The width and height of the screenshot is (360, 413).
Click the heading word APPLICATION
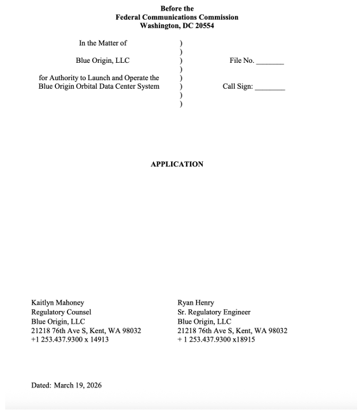[x=177, y=164]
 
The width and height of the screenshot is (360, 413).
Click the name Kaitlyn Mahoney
[x=58, y=302]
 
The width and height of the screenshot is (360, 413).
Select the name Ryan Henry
[x=196, y=302]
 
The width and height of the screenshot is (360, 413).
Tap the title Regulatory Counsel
[x=61, y=312]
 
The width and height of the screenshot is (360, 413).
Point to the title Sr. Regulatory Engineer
[x=214, y=312]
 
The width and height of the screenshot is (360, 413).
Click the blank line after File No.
[x=270, y=62]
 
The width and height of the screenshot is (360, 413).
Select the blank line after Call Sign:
[x=270, y=88]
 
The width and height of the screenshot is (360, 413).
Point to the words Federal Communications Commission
[x=177, y=17]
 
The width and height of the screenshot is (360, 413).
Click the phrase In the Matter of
[x=103, y=43]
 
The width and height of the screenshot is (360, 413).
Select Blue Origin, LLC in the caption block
[x=103, y=60]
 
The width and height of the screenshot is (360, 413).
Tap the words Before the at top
[x=177, y=9]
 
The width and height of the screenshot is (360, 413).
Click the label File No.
[x=241, y=60]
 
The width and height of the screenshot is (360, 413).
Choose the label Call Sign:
[x=237, y=87]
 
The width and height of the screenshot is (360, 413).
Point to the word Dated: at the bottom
[x=41, y=385]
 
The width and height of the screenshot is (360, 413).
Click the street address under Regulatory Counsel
[x=86, y=331]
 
